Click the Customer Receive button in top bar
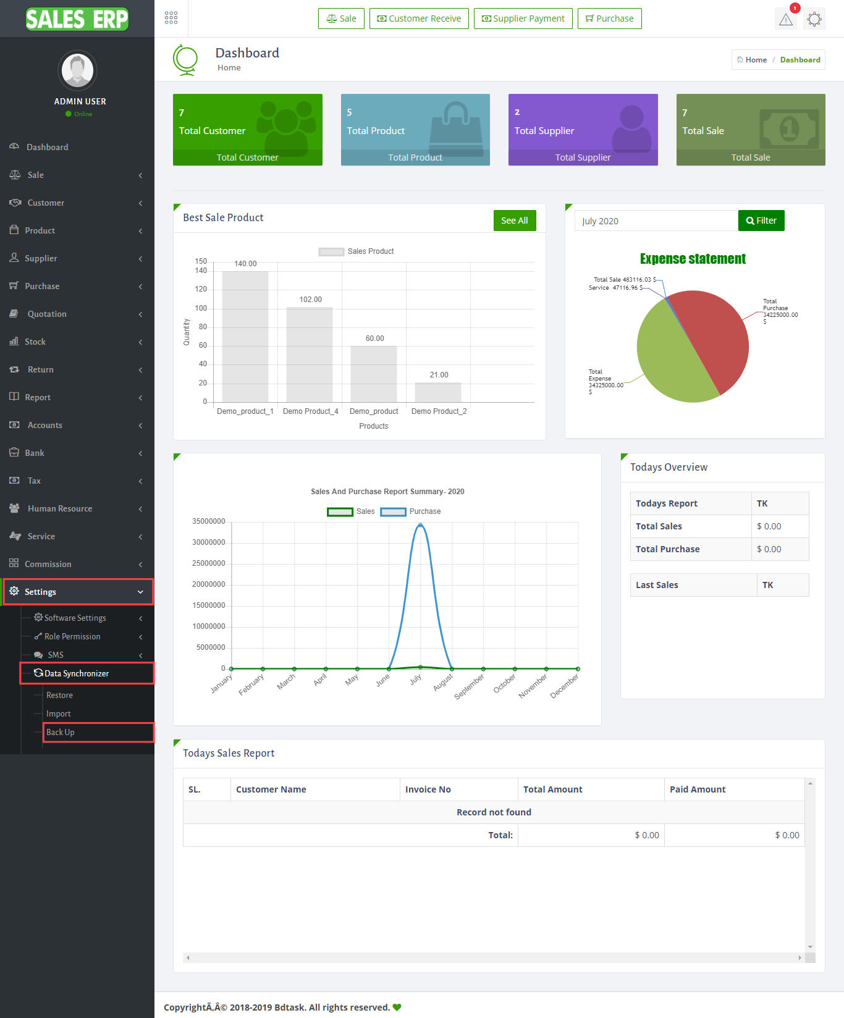419,19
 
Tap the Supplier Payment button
523,19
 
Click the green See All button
514,221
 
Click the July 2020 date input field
656,221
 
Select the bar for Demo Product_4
310,355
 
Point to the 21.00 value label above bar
439,375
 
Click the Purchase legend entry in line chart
410,511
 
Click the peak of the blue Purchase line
420,525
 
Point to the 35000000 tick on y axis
209,521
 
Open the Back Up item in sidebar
61,732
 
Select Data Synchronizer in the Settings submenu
77,673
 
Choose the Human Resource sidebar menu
60,508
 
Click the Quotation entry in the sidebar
47,314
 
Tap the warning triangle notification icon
786,19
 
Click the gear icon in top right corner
814,19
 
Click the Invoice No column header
428,789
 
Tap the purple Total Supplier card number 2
518,112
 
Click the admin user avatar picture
78,70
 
